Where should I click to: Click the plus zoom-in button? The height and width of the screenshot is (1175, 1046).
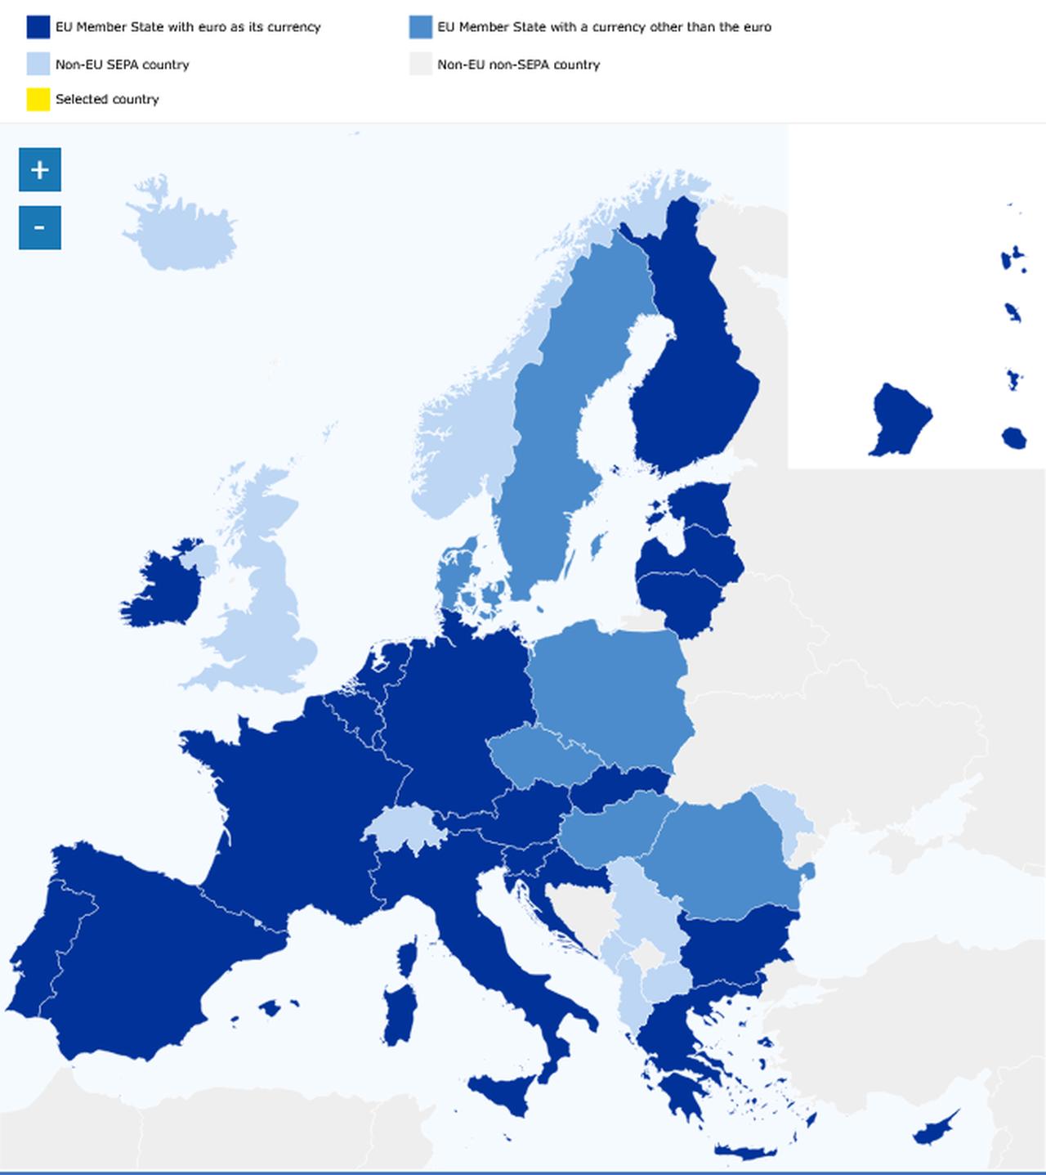[x=39, y=170]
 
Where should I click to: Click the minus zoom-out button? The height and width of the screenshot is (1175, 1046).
[x=39, y=227]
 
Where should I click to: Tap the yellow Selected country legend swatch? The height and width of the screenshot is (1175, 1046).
[x=38, y=99]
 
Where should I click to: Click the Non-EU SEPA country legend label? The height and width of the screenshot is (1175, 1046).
[x=122, y=65]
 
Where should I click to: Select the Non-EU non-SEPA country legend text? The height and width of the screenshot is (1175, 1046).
[x=518, y=65]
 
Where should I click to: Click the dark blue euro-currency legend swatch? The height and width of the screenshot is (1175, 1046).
[x=38, y=27]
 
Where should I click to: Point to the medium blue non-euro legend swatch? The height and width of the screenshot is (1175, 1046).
[x=421, y=27]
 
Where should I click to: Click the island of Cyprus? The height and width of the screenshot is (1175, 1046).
[x=935, y=1129]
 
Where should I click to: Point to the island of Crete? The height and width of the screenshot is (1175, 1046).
[x=744, y=1152]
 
